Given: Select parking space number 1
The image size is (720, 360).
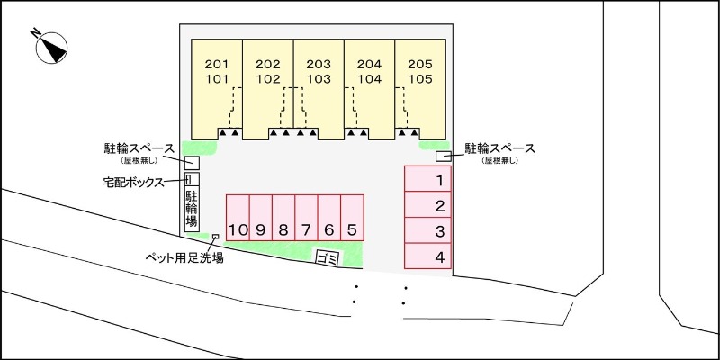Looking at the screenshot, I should [427, 179].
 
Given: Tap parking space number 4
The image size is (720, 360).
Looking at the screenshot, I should [427, 256].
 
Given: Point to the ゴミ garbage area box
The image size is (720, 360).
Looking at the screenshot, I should [326, 258].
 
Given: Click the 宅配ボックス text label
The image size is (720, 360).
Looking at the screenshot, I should [132, 182].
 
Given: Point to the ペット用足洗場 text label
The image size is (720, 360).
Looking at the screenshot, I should [184, 257].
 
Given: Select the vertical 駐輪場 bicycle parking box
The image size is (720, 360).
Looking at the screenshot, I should [192, 209].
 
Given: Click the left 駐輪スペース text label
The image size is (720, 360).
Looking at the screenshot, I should [138, 148].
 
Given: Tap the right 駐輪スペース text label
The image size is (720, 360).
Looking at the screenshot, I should [500, 148].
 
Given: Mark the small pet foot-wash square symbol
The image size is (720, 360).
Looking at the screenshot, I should [215, 237].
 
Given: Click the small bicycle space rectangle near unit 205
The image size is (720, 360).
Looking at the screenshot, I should [444, 157].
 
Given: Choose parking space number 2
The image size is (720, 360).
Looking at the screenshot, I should [427, 205].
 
